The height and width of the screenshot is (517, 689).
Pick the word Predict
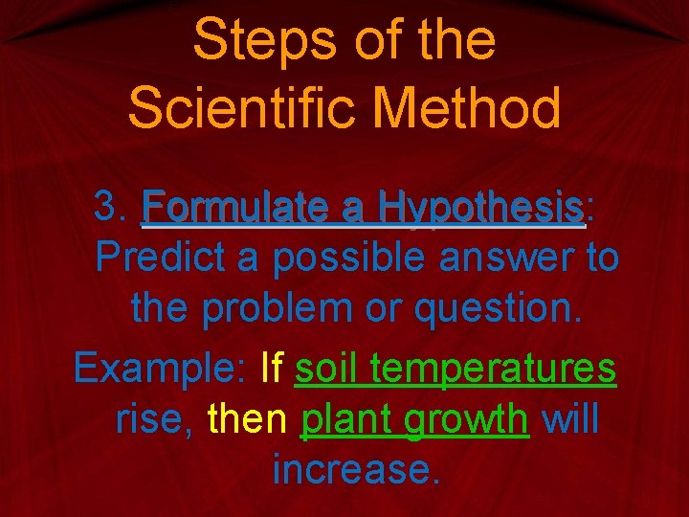tap(154, 257)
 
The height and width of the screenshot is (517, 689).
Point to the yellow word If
tap(272, 367)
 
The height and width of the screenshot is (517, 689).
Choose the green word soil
tap(328, 367)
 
